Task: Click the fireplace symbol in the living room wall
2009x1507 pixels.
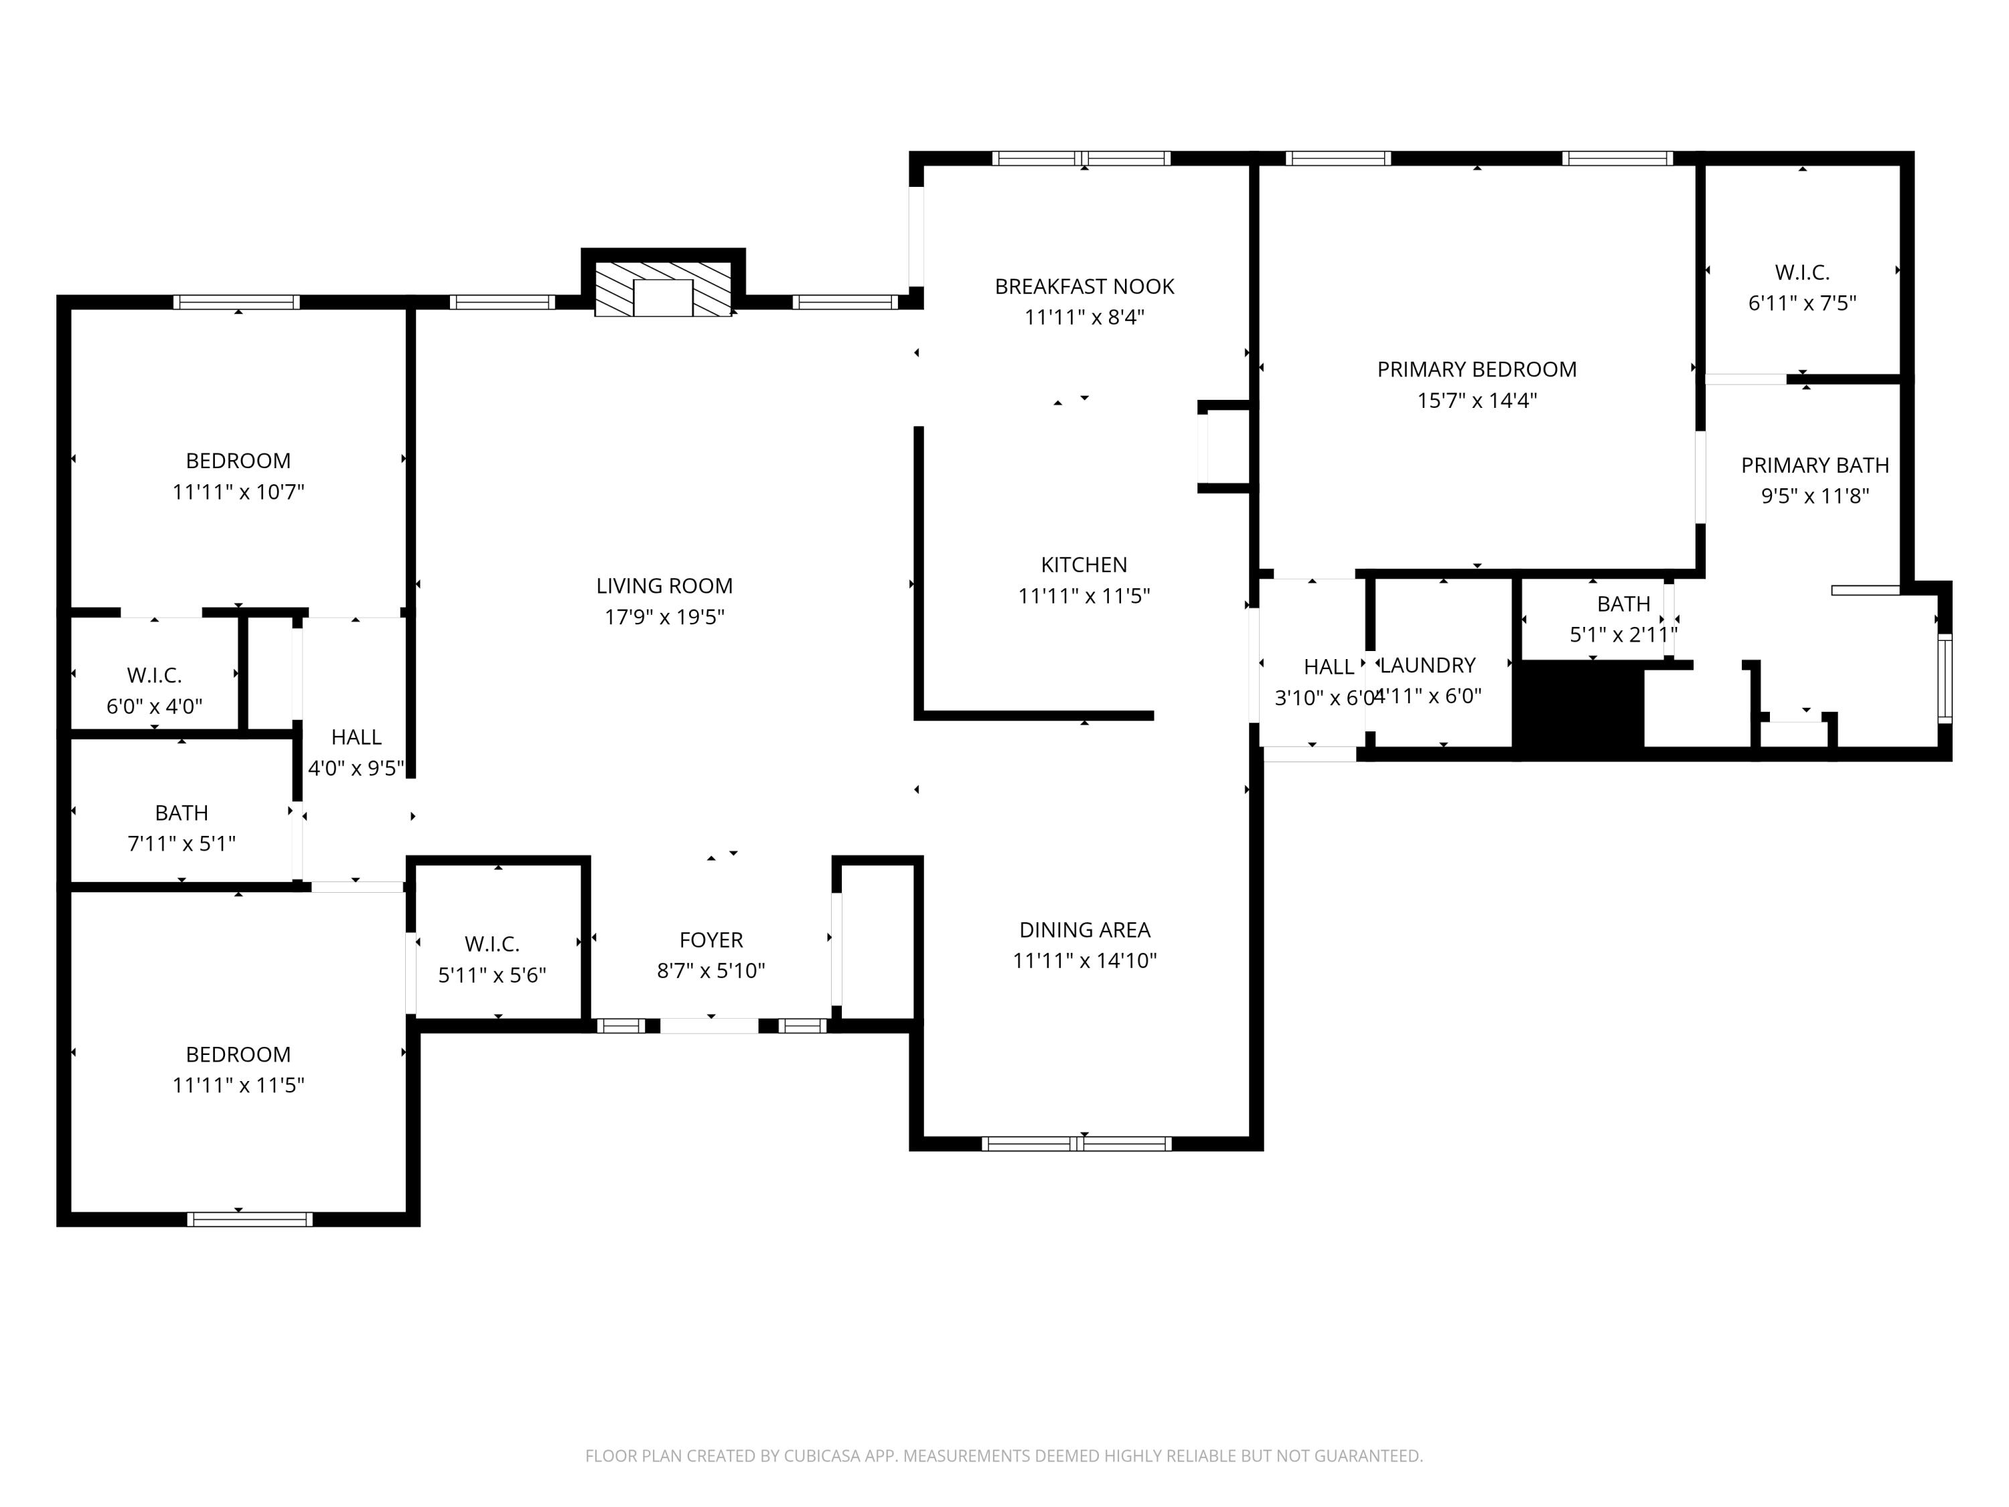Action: tap(663, 290)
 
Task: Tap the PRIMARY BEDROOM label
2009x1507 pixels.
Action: tap(1477, 370)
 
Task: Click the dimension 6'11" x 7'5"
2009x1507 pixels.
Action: tap(1802, 303)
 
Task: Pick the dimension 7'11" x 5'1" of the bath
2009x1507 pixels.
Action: tap(181, 844)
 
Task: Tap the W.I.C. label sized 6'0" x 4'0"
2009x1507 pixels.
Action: tap(155, 676)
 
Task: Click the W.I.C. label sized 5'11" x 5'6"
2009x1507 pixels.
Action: tap(492, 944)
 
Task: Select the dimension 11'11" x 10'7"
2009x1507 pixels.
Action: tap(238, 492)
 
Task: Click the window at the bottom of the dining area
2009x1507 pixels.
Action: tap(1076, 1145)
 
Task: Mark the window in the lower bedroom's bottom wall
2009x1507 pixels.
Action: tap(250, 1220)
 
